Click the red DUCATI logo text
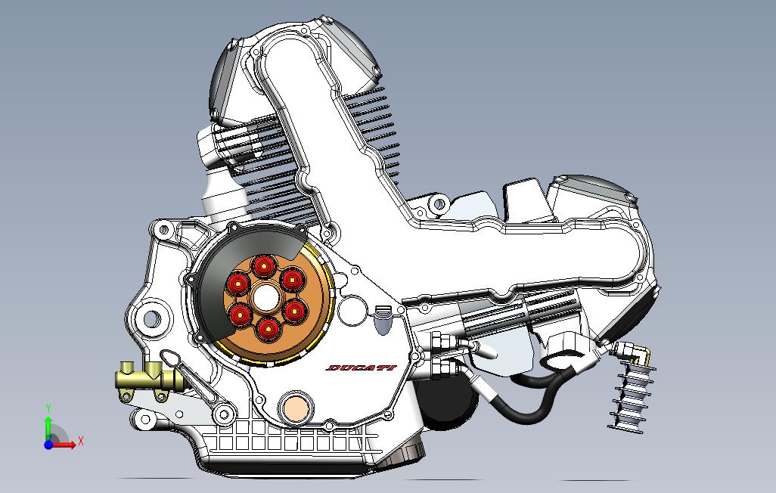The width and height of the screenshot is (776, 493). (x=361, y=368)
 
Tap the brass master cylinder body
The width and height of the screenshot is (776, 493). (x=148, y=377)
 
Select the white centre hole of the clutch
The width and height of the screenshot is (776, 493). (x=265, y=298)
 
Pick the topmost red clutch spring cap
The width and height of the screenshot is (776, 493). (x=263, y=266)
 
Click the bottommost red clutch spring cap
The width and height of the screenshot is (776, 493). (x=267, y=328)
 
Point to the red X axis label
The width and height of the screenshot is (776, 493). (x=80, y=441)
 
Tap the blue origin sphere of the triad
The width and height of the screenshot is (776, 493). (x=48, y=445)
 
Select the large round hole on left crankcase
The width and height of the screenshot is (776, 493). (x=150, y=318)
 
